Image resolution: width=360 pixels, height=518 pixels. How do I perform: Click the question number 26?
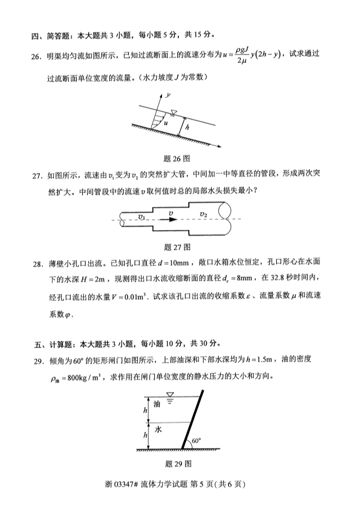(x=37, y=55)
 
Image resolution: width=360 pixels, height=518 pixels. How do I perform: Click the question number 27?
(x=37, y=175)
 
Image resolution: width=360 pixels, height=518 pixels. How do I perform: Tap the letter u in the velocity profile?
(x=165, y=121)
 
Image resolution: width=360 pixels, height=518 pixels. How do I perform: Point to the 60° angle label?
(x=196, y=441)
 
